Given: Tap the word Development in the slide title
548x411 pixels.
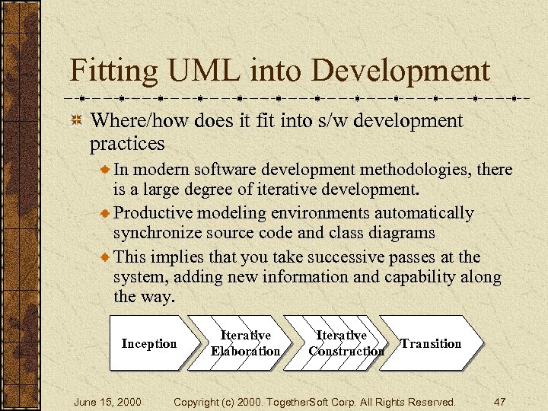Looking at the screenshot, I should (x=401, y=71).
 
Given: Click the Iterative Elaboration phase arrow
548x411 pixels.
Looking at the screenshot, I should (x=245, y=343).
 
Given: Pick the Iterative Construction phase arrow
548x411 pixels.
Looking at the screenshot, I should (x=342, y=343).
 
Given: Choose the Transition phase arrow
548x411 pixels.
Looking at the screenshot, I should (x=431, y=343).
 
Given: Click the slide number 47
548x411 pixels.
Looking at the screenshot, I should (x=500, y=401).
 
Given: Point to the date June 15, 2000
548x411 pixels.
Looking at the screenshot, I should (x=107, y=401).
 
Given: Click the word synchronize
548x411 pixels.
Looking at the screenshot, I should (x=159, y=233).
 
